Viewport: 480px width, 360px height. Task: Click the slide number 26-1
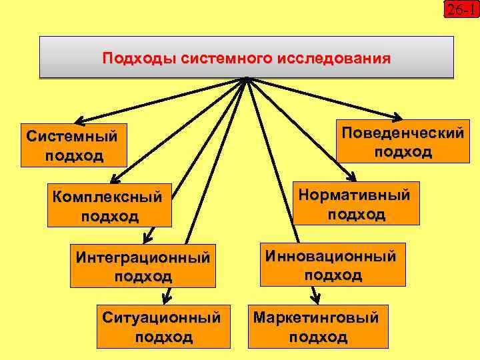point(462,9)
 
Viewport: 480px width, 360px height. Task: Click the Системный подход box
point(73,145)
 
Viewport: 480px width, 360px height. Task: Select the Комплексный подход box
point(109,206)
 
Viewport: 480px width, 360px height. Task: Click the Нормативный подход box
point(357,203)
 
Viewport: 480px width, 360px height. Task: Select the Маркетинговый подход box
point(317,327)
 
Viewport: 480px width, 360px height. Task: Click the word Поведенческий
point(403,133)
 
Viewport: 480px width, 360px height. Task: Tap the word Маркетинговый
point(317,317)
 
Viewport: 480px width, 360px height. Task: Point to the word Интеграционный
point(144,257)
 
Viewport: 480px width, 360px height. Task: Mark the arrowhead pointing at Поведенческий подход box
point(397,117)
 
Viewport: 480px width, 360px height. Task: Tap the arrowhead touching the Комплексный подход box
point(115,178)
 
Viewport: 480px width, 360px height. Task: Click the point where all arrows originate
point(247,79)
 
